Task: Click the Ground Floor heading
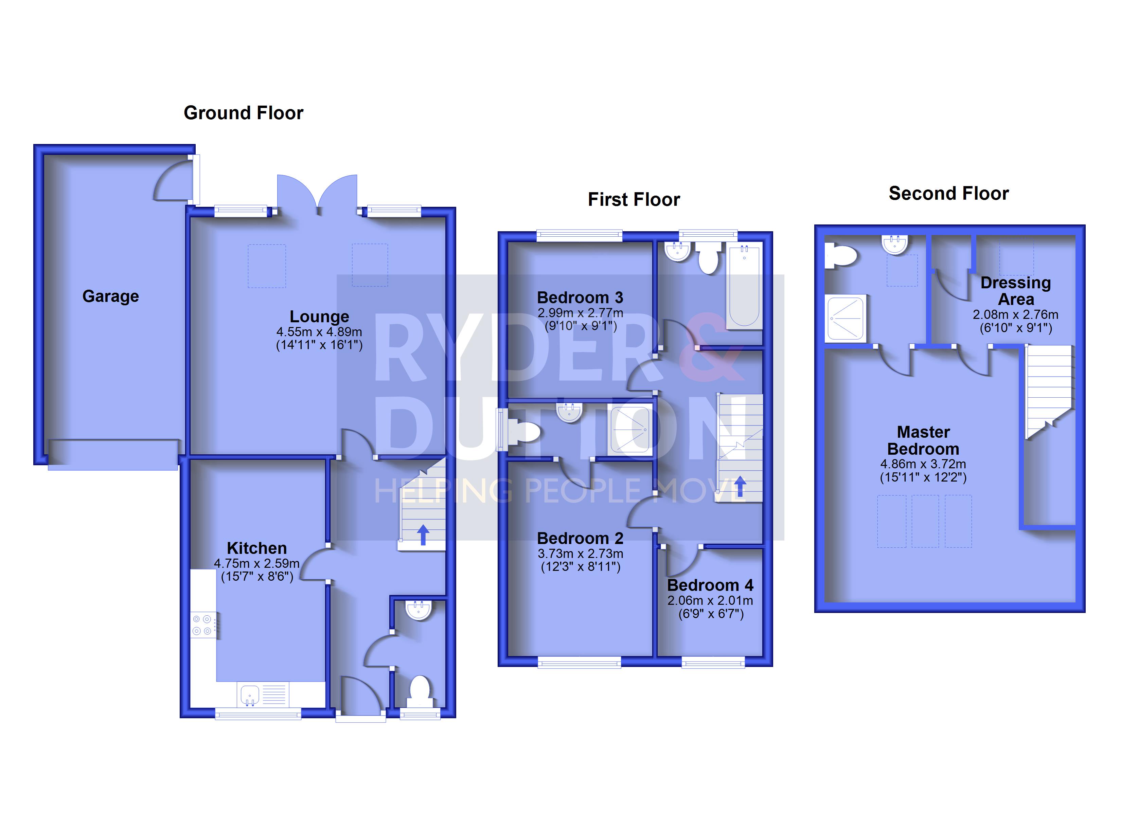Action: pos(243,113)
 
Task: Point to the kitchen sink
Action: pos(250,695)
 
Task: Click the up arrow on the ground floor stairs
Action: pos(423,535)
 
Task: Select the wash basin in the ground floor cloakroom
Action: pos(419,610)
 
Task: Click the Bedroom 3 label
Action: pos(580,297)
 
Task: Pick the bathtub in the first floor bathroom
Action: pos(744,286)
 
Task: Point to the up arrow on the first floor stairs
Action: pos(740,486)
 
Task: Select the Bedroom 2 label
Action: pos(580,538)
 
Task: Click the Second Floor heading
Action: pos(948,193)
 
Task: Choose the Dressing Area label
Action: pos(1016,291)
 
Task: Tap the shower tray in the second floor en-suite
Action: pos(846,318)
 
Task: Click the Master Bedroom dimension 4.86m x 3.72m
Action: pos(923,464)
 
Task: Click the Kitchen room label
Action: pos(256,548)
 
